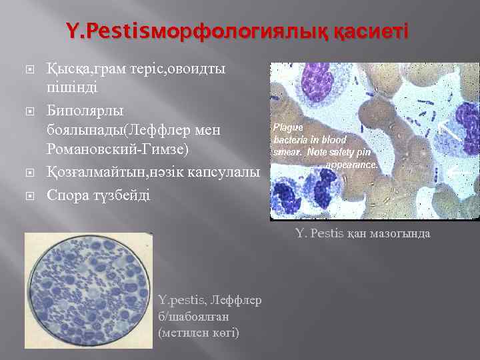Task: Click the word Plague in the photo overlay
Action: (x=288, y=127)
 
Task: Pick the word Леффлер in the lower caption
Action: (x=236, y=301)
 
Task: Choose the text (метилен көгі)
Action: (x=199, y=331)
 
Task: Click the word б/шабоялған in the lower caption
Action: (x=192, y=317)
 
